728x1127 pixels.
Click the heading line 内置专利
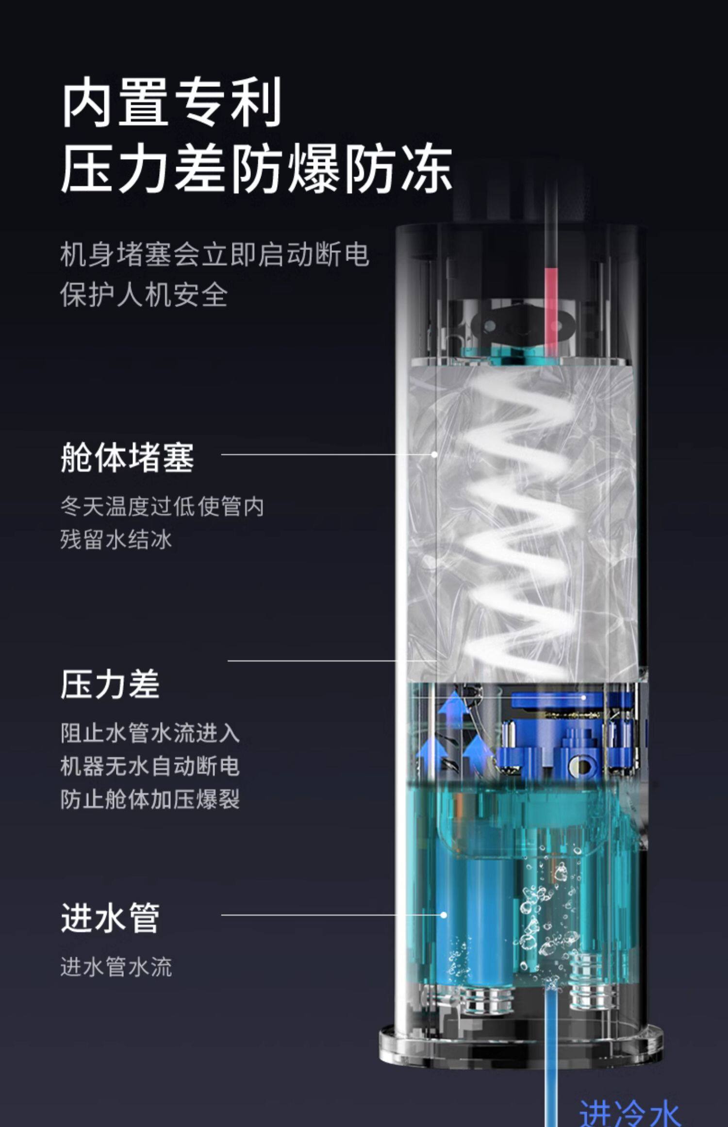click(171, 103)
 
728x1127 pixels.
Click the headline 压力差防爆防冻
click(256, 168)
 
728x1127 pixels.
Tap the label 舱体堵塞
click(127, 457)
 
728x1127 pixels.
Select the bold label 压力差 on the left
click(110, 684)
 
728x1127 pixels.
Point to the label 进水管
click(110, 917)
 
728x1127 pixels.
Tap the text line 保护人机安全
click(144, 295)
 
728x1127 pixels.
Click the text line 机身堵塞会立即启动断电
click(215, 254)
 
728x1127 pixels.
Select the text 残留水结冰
click(116, 540)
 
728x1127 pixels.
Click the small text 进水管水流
click(116, 967)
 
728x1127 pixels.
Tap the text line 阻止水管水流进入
click(150, 733)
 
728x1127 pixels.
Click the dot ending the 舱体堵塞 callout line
click(434, 454)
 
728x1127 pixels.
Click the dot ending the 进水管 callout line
click(443, 915)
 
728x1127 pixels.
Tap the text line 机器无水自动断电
click(150, 766)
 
